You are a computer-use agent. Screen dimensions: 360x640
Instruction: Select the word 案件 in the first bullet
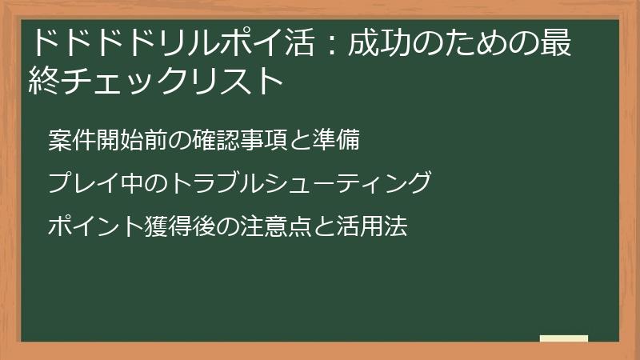(70, 139)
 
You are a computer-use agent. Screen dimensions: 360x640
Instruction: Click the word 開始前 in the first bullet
(128, 139)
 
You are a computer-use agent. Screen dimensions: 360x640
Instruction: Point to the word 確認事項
(217, 139)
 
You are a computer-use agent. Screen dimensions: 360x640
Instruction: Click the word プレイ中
(88, 183)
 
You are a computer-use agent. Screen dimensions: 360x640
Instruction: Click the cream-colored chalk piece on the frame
(564, 339)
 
